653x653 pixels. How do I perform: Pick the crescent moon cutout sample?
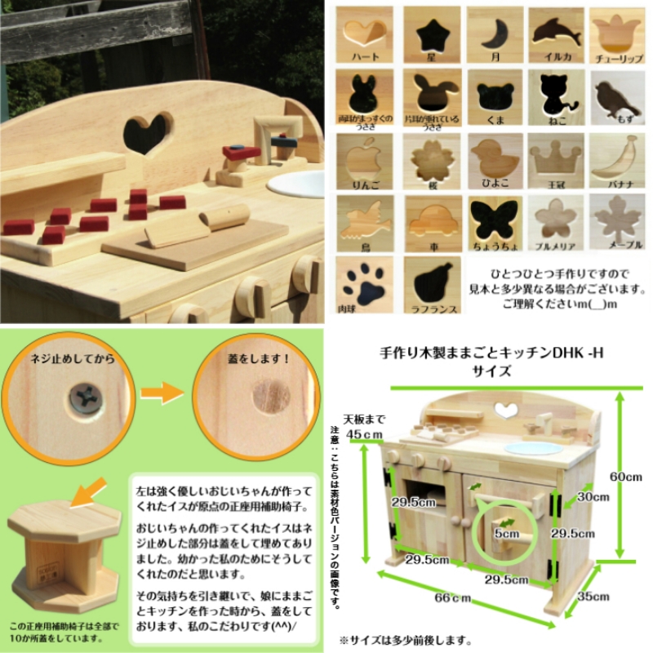(x=494, y=35)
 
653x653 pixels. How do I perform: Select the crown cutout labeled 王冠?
(x=557, y=155)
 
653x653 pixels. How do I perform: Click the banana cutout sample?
(x=617, y=155)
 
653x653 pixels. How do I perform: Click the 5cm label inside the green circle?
(x=506, y=533)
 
